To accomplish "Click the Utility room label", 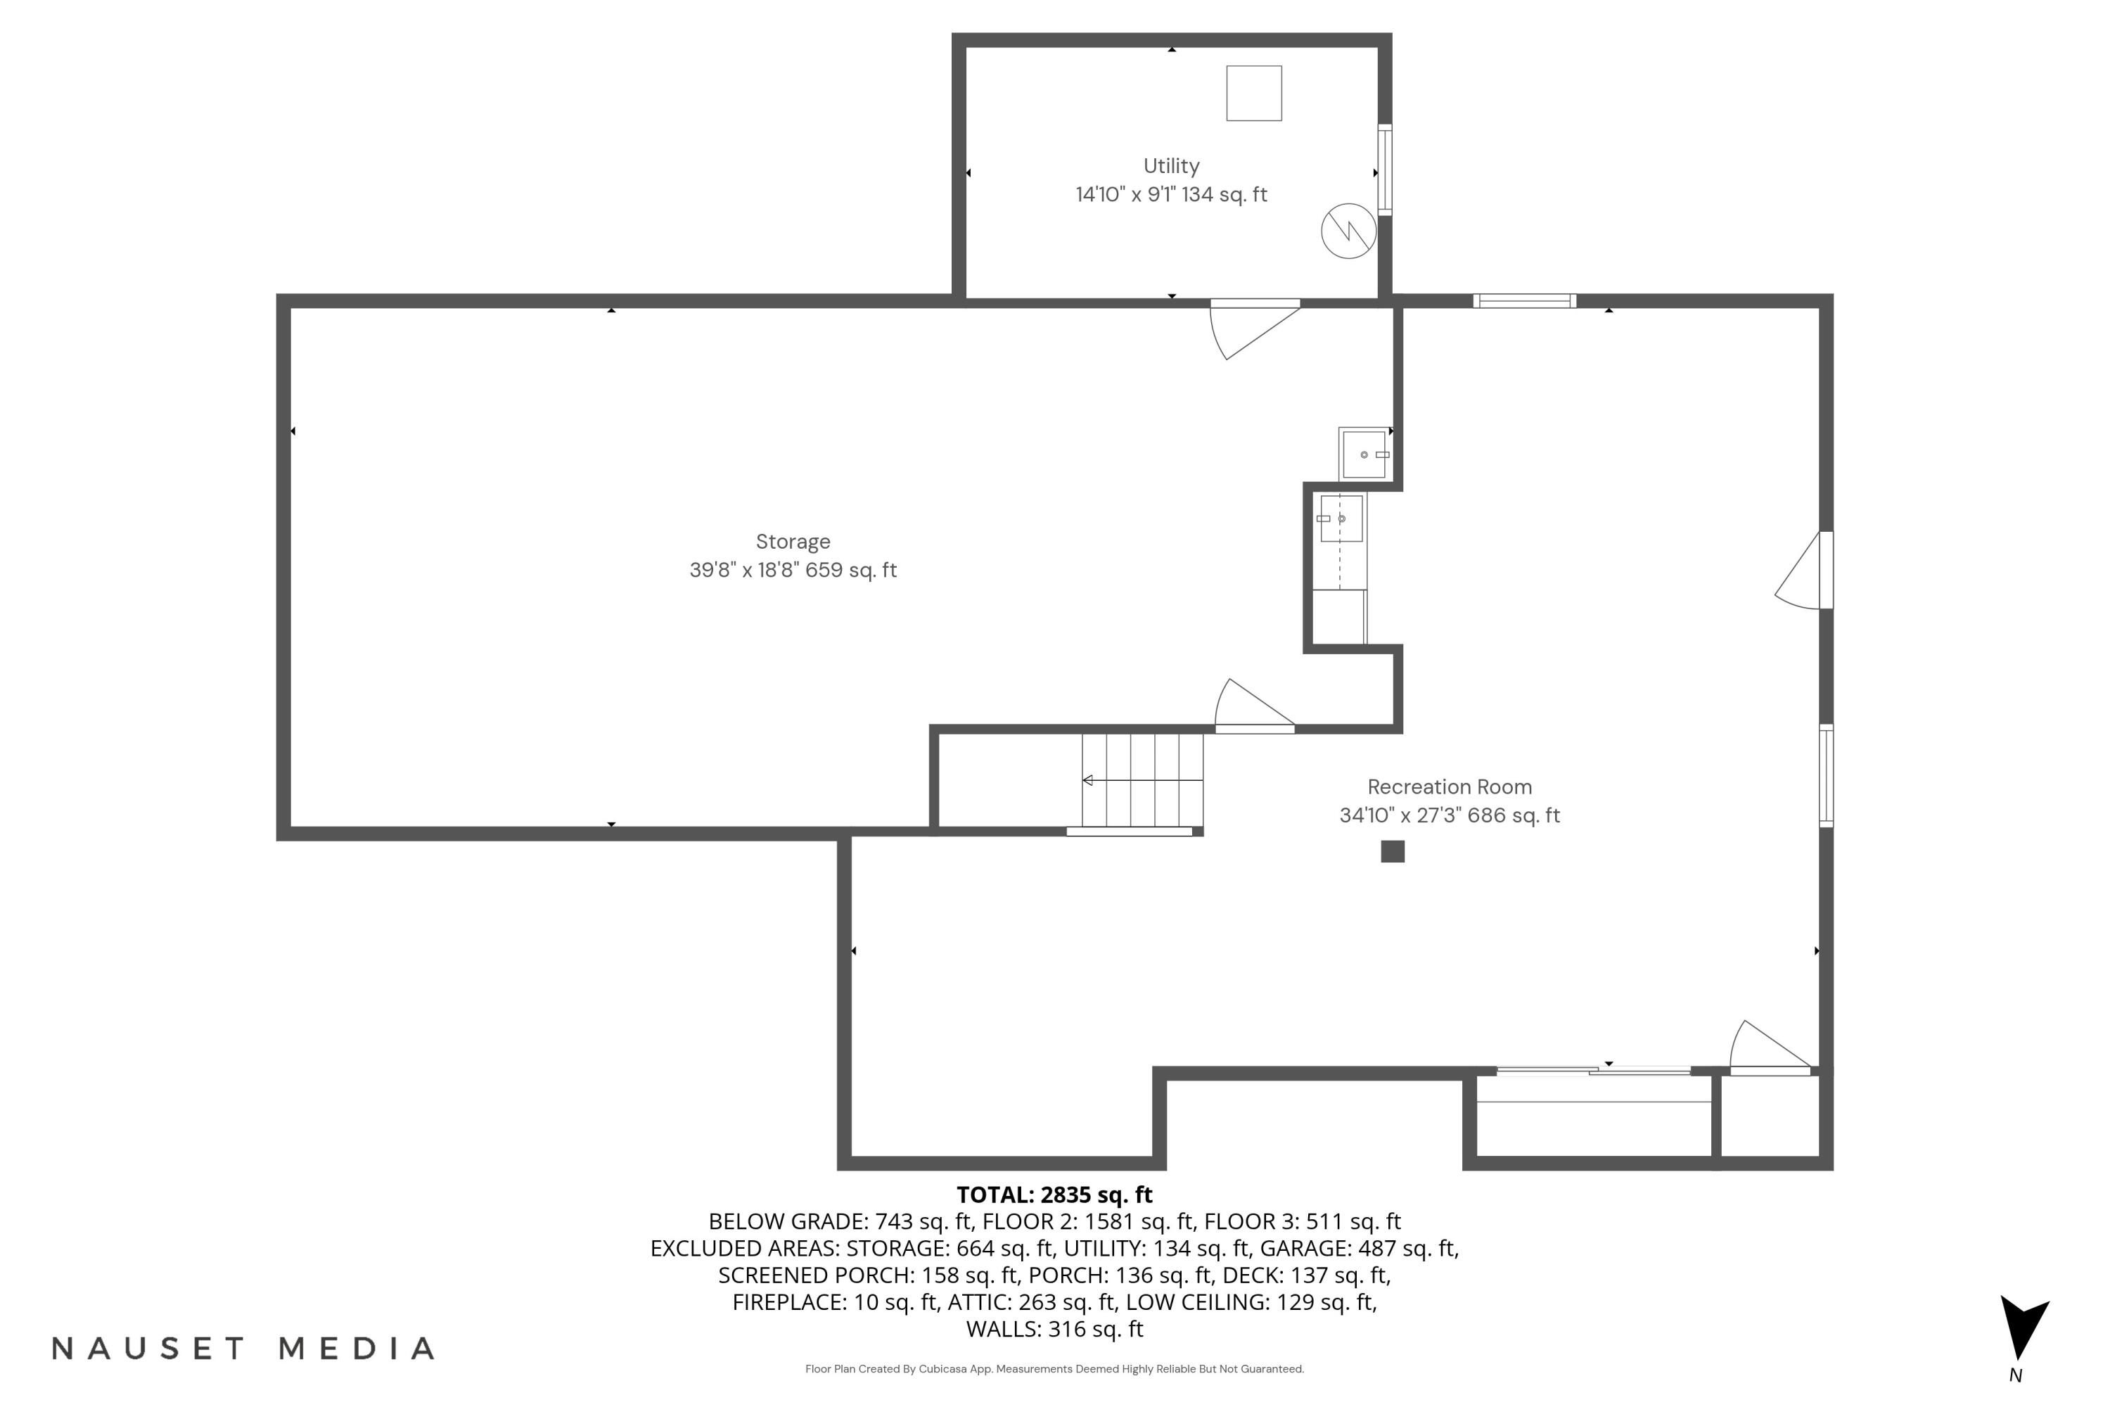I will [1171, 166].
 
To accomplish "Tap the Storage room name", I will [793, 542].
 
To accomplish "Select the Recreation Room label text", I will [1449, 787].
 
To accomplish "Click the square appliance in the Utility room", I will [1253, 94].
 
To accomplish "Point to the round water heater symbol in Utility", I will [1348, 231].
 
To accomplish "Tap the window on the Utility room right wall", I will [1384, 170].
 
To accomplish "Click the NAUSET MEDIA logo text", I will [243, 1349].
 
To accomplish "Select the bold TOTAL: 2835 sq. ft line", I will [1054, 1195].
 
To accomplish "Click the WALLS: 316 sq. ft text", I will [1054, 1329].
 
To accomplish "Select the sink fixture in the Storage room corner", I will [1363, 454].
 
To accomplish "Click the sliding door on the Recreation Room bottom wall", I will [1592, 1071].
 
